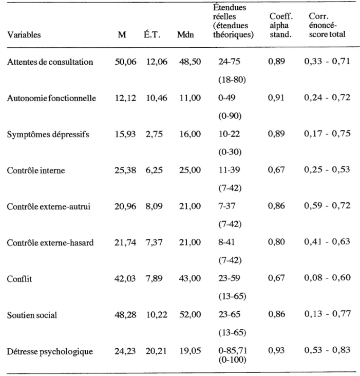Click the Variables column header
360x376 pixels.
[x=24, y=35]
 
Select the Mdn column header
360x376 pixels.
[x=185, y=35]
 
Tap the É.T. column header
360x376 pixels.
[x=151, y=35]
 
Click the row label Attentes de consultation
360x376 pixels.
[x=50, y=62]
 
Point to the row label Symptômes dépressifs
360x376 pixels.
[x=48, y=134]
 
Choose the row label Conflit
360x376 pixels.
[x=20, y=279]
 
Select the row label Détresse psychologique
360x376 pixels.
[x=50, y=351]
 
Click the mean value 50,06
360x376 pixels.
[x=125, y=62]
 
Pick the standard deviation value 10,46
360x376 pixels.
[x=157, y=98]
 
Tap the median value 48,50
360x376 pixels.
[x=190, y=62]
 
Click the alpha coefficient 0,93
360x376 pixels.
[x=277, y=351]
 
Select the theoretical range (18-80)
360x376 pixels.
[x=232, y=80]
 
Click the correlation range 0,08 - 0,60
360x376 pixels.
[x=328, y=278]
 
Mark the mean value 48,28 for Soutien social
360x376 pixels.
[x=125, y=314]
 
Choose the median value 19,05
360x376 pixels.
[x=190, y=351]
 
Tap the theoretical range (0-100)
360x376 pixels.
[x=232, y=360]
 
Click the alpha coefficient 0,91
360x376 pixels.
[x=276, y=98]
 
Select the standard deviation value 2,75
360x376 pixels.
[x=154, y=134]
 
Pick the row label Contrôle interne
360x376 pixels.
[x=36, y=171]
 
